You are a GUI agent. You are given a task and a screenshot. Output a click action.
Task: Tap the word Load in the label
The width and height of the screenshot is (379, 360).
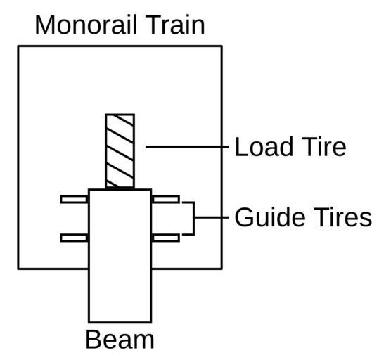tap(264, 146)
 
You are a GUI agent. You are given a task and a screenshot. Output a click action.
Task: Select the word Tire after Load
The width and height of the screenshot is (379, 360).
tap(324, 146)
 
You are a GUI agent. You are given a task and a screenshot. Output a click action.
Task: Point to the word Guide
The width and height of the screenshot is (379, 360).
tap(270, 217)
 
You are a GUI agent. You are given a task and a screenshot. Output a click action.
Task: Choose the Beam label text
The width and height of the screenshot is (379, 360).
tap(120, 339)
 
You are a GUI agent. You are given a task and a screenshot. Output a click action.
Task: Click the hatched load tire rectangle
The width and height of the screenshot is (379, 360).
tap(120, 151)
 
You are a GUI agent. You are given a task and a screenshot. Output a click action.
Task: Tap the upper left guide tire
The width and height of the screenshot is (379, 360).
tap(74, 200)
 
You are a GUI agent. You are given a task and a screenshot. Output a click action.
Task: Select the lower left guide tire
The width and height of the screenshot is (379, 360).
tap(74, 238)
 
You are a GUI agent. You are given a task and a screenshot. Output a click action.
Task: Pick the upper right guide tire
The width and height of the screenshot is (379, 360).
tap(166, 200)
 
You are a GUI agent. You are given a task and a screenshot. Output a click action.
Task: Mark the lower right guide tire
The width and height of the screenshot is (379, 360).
tap(166, 238)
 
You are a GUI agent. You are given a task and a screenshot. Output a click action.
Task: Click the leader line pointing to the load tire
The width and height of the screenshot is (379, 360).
tap(187, 146)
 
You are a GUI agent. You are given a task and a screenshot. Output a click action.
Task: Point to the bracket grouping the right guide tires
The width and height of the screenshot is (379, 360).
tap(193, 218)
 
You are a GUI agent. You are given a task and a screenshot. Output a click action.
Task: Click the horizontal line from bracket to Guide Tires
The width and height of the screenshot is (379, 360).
tap(212, 217)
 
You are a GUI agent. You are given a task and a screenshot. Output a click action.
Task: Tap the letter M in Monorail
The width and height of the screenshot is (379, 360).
tap(45, 25)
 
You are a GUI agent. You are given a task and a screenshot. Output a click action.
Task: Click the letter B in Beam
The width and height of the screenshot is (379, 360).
tap(94, 339)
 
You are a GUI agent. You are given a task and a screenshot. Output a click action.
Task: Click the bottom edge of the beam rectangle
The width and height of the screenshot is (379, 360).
tap(120, 322)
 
